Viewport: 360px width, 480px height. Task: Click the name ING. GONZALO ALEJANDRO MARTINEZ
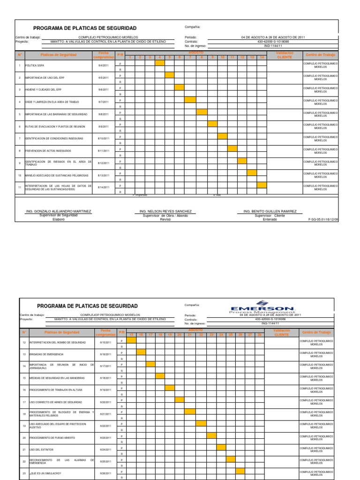tap(59, 211)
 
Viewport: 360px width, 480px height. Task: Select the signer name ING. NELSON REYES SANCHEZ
tap(165, 211)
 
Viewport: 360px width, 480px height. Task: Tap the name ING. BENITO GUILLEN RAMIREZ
tap(270, 211)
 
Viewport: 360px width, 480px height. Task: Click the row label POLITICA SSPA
tap(35, 65)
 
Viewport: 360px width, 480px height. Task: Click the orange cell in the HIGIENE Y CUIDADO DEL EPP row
tap(179, 87)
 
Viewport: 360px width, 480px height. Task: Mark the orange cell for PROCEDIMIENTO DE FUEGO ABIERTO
tap(211, 435)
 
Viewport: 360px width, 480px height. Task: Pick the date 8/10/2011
tap(104, 139)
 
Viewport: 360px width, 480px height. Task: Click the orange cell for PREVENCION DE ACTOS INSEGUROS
tap(232, 149)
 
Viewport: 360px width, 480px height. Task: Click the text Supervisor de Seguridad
tap(59, 215)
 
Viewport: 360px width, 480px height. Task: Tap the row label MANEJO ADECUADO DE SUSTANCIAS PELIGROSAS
tap(56, 175)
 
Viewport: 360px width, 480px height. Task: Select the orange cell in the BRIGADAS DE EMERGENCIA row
tap(141, 352)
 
